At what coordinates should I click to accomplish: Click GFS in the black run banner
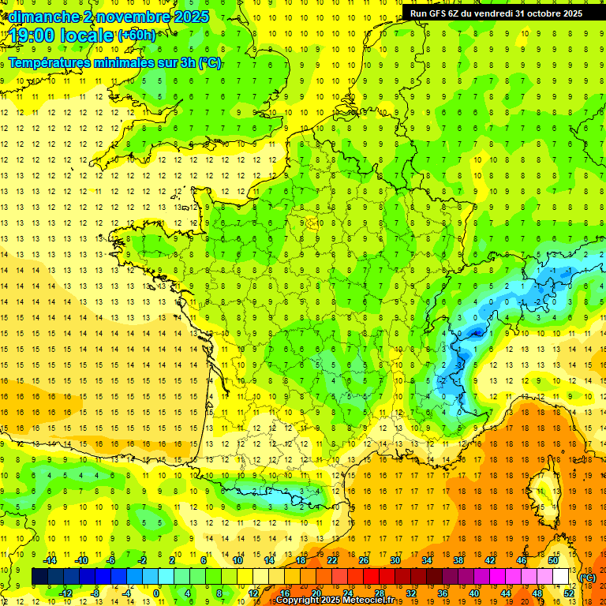pos(443,13)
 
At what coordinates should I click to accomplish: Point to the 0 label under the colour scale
pos(155,593)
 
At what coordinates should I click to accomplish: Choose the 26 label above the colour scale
pos(364,560)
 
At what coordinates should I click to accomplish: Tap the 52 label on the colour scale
pos(568,593)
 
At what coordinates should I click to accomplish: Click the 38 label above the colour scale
pos(458,560)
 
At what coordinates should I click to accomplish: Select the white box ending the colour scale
pos(560,577)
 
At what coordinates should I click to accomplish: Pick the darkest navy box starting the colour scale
pos(40,577)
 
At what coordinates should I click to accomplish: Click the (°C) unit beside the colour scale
pos(587,578)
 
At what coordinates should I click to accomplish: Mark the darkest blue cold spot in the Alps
pos(475,333)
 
